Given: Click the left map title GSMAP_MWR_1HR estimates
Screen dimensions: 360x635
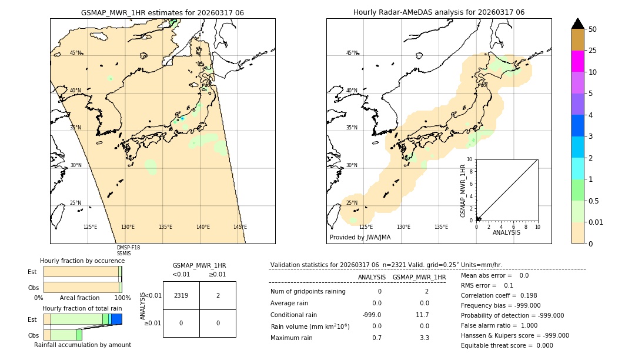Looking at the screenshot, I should (x=162, y=12).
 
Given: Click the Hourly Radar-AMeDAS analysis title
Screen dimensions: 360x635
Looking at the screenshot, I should (x=439, y=12).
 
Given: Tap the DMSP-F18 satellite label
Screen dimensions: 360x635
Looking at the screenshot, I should (x=128, y=248).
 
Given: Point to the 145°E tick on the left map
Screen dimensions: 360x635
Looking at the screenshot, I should (x=240, y=227).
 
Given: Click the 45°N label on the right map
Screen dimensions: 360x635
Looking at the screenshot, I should (x=352, y=53).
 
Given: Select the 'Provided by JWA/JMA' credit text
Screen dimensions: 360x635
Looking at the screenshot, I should (x=360, y=238).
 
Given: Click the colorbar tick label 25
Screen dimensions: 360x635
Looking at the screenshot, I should (x=593, y=51).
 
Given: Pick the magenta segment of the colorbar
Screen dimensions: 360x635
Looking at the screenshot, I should (x=577, y=61).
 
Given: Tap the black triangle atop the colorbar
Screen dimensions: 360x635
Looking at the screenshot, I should (x=577, y=24).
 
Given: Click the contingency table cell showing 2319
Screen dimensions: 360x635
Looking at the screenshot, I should (x=181, y=295).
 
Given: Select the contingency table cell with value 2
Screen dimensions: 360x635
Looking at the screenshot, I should (x=218, y=295).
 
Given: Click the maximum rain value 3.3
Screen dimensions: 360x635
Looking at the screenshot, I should (x=424, y=338).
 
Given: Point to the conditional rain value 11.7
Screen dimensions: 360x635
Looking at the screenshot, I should (x=423, y=315).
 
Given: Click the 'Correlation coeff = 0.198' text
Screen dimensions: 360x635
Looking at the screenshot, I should (x=499, y=296).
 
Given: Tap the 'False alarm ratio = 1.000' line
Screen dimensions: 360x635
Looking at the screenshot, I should (x=499, y=325).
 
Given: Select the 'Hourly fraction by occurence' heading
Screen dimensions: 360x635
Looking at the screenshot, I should (x=82, y=261).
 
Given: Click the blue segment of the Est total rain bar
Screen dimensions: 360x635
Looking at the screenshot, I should (x=117, y=319).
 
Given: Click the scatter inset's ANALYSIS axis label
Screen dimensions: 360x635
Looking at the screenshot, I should (x=506, y=232).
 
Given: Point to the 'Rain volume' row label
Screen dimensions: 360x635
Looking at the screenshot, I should (x=310, y=326).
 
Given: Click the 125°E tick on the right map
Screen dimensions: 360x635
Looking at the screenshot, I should (x=366, y=227).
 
